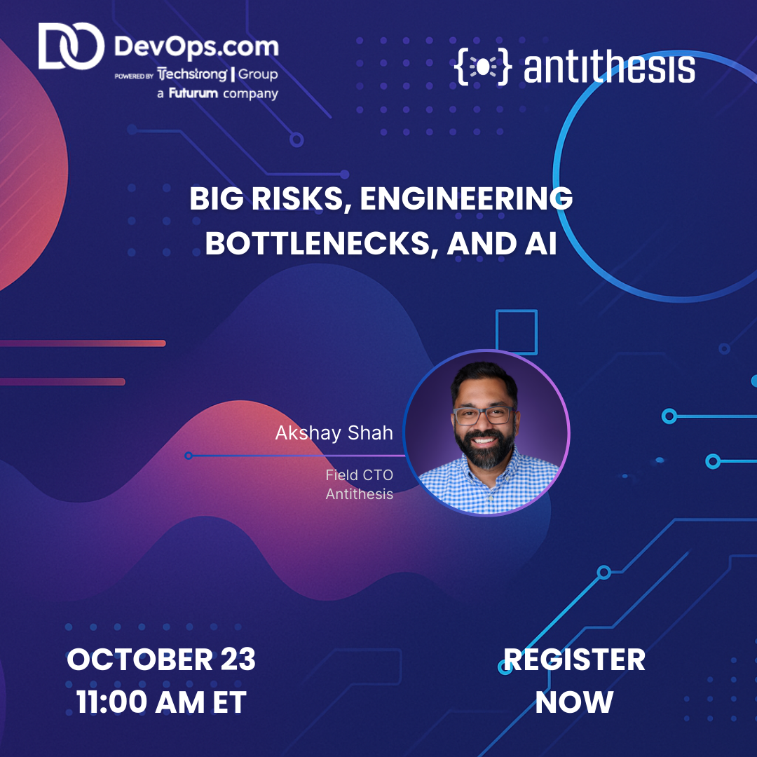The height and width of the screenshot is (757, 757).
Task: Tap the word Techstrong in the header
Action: pyautogui.click(x=193, y=75)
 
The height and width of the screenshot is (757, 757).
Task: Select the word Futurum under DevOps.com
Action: pyautogui.click(x=193, y=93)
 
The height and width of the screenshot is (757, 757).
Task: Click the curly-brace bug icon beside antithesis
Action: pyautogui.click(x=484, y=67)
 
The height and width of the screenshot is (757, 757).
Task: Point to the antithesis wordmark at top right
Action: pyautogui.click(x=608, y=67)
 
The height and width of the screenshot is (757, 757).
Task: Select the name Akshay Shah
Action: pyautogui.click(x=334, y=433)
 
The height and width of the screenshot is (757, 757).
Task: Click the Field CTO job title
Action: pyautogui.click(x=359, y=475)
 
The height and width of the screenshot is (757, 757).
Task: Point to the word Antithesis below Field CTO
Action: pyautogui.click(x=359, y=493)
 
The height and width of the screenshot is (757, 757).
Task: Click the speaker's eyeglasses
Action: pyautogui.click(x=484, y=414)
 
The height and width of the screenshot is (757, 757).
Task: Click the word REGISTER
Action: pyautogui.click(x=574, y=660)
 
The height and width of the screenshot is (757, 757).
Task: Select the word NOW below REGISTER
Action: pyautogui.click(x=574, y=702)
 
